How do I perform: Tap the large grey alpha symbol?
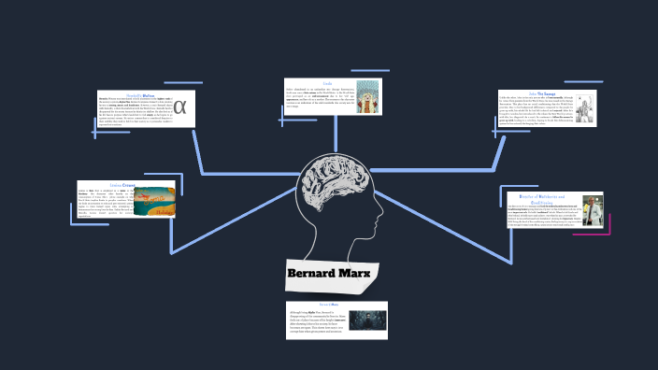(180, 108)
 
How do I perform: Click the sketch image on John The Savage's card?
(584, 110)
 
